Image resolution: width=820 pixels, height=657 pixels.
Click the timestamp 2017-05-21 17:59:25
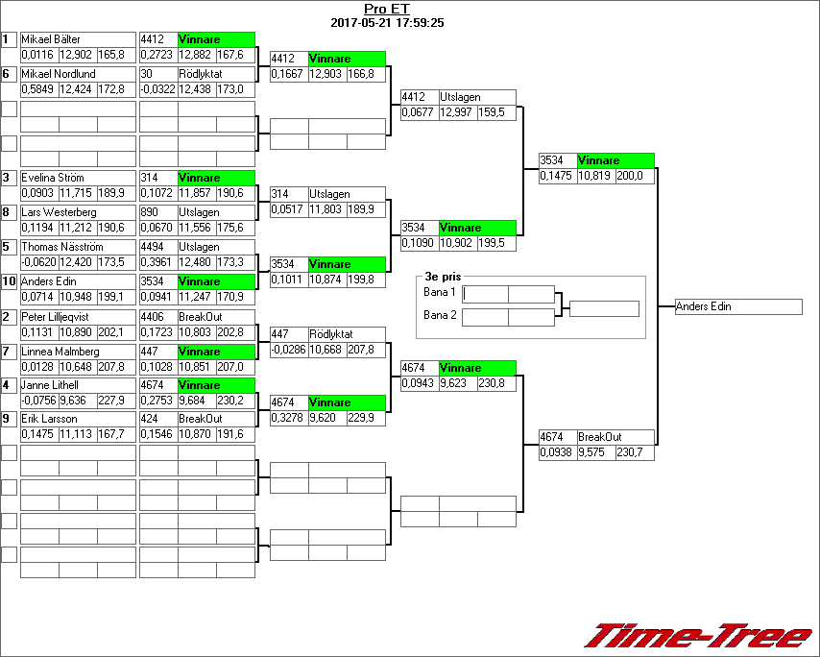coord(387,22)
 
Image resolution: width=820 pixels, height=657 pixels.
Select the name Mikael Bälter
coord(51,39)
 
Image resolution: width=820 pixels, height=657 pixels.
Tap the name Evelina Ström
coord(53,178)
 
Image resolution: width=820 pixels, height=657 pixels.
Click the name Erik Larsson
coord(49,420)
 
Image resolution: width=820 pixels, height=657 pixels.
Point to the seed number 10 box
coord(9,281)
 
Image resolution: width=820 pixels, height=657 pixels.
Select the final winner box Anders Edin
coord(738,306)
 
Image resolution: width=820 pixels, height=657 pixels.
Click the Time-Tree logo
coord(699,637)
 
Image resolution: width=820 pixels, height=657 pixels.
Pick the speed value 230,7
coord(630,452)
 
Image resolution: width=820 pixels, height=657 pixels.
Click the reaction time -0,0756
coord(38,401)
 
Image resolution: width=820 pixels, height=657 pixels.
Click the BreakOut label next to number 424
coord(200,420)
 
